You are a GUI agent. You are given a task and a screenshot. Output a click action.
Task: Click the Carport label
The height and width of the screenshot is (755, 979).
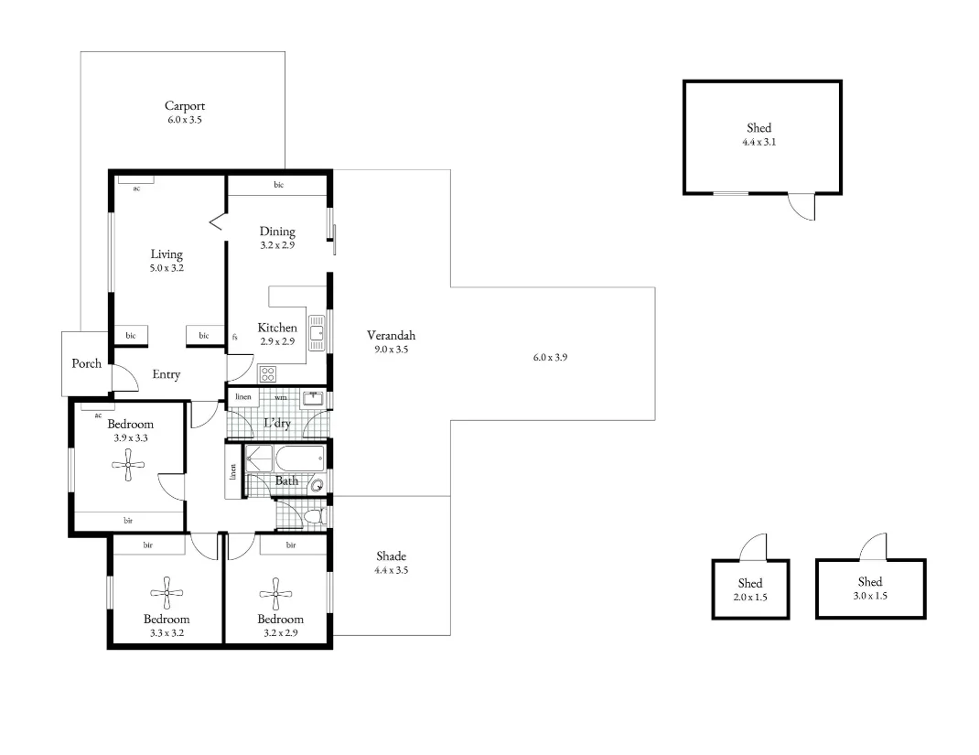point(185,106)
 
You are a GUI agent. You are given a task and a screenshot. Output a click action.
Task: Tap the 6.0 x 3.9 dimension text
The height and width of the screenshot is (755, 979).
point(551,357)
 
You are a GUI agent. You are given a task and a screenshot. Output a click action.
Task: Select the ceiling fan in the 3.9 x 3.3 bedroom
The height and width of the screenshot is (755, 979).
point(128,466)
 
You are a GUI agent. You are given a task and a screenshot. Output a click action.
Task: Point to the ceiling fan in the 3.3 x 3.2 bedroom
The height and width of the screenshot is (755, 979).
point(167,592)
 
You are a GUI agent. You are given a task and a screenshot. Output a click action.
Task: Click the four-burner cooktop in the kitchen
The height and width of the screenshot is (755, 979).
point(268,373)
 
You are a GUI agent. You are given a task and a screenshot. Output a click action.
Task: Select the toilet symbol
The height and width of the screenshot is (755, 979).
point(314,518)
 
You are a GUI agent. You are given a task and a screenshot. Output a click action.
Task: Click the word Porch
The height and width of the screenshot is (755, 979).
point(87,363)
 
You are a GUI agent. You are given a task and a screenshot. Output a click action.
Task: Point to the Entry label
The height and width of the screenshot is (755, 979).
point(167,374)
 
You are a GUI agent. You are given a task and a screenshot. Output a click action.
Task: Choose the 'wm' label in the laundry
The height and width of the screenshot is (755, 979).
point(280,398)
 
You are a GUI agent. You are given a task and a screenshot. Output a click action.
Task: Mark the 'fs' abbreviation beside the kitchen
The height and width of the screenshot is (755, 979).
point(235,337)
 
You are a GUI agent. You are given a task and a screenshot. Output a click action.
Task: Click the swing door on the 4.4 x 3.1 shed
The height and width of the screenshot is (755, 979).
point(801,208)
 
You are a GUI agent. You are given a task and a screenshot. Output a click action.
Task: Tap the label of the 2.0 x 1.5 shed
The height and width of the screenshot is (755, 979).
point(750,583)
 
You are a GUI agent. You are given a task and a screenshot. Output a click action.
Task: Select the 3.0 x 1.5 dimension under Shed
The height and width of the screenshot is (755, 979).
point(870,596)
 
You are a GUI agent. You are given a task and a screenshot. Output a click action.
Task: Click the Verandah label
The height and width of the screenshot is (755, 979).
point(391,335)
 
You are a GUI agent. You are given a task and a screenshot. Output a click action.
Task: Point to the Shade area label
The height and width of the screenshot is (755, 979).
point(391,555)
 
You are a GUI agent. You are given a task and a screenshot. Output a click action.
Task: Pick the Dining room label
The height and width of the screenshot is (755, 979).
point(277,232)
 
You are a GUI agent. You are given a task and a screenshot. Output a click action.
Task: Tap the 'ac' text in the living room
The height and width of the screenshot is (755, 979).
point(136,189)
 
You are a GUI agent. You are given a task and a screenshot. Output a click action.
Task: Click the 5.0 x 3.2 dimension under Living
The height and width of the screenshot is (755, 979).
point(167,268)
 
